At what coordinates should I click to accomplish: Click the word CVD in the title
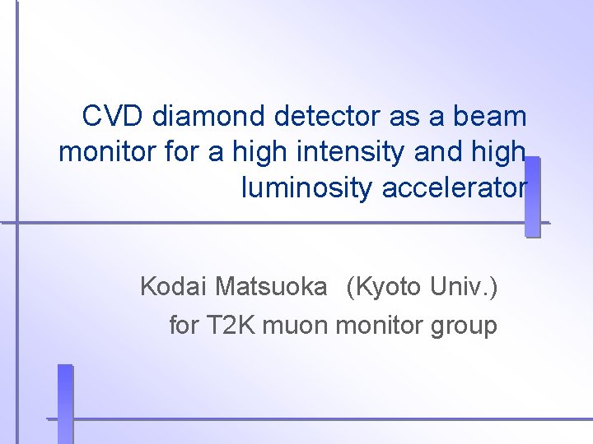pyautogui.click(x=113, y=117)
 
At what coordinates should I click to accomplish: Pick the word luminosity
pyautogui.click(x=308, y=189)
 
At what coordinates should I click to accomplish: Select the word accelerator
pyautogui.click(x=454, y=189)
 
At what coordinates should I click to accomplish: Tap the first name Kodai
pyautogui.click(x=174, y=287)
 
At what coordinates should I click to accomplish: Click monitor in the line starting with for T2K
pyautogui.click(x=380, y=326)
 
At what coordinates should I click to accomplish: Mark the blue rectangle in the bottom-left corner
pyautogui.click(x=65, y=403)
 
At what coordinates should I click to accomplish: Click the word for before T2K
pyautogui.click(x=184, y=326)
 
